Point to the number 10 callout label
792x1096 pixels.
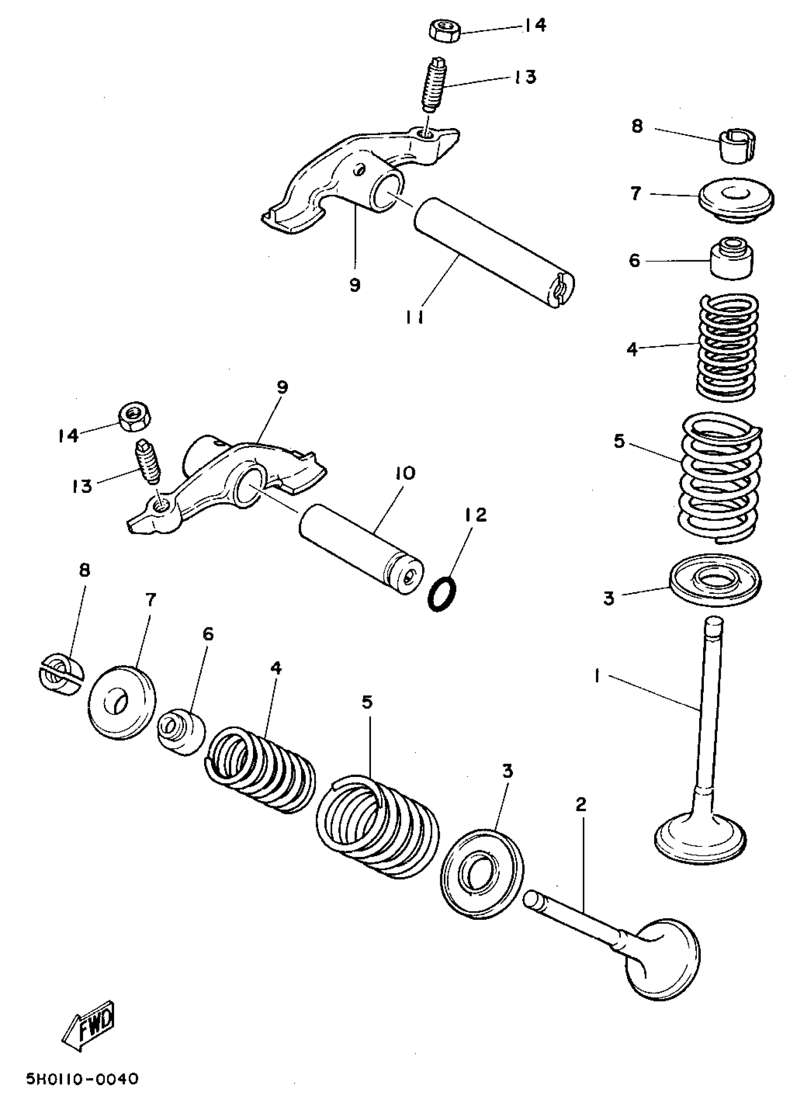tap(405, 473)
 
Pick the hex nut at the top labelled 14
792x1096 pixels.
tap(444, 31)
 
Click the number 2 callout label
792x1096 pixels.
tap(581, 804)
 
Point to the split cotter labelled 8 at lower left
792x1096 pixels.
tap(61, 675)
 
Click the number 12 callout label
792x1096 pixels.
tap(476, 515)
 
